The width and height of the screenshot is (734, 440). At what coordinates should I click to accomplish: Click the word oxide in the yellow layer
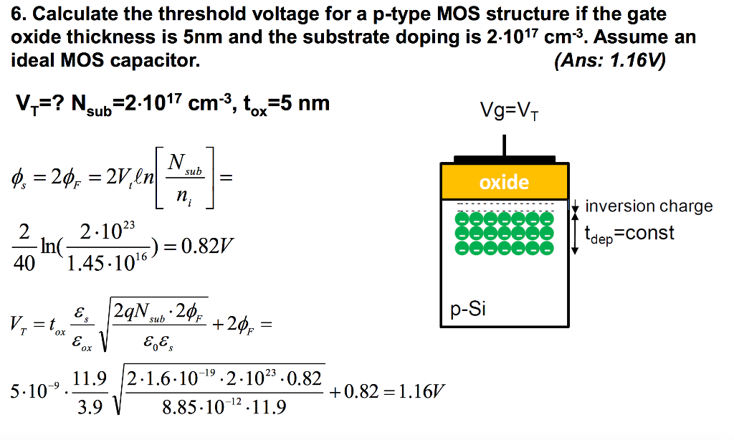click(504, 182)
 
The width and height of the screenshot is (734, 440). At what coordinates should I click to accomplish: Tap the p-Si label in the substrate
click(467, 309)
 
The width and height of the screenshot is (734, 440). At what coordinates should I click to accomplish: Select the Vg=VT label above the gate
click(509, 111)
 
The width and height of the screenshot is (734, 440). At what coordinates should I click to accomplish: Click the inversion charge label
click(649, 206)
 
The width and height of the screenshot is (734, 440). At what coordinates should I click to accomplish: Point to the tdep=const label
click(629, 234)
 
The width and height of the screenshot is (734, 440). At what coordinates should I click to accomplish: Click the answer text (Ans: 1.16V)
click(609, 60)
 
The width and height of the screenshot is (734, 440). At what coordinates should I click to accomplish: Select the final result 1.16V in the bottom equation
click(421, 391)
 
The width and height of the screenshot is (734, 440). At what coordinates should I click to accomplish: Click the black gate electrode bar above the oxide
click(505, 159)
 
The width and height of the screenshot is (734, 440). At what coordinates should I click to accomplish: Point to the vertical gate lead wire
click(504, 145)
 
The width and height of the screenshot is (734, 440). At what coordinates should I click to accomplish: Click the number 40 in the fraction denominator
click(24, 264)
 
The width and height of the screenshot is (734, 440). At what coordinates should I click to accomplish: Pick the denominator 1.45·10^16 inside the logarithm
click(107, 262)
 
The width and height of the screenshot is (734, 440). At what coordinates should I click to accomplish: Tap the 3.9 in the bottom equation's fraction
click(90, 407)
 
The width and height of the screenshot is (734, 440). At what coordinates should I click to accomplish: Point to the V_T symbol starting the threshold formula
click(19, 324)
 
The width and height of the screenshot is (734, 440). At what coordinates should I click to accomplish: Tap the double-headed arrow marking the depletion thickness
click(576, 227)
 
